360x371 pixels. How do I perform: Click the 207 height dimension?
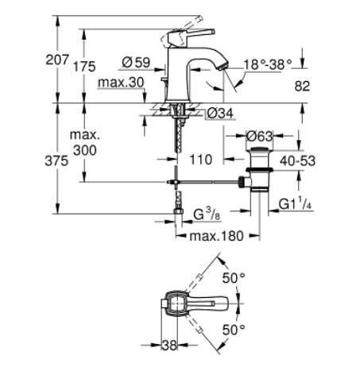coord(68,59)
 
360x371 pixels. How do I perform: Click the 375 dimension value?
coord(66,159)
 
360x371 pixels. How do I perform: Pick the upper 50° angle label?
coord(234,279)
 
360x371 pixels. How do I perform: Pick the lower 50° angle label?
coord(234,328)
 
